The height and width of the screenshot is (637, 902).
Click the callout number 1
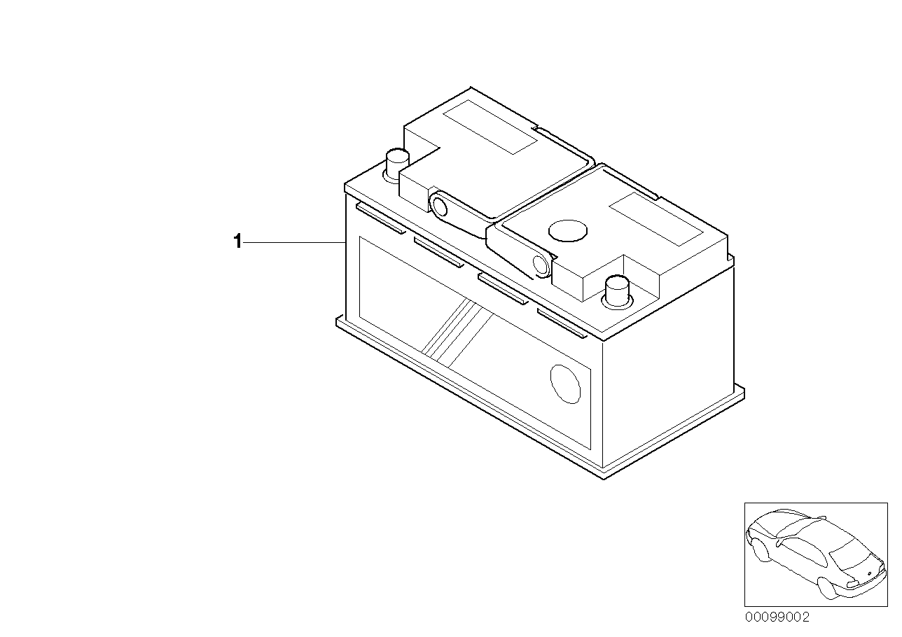[237, 241]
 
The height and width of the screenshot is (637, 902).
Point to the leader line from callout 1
[294, 243]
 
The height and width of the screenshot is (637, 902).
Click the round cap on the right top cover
[568, 231]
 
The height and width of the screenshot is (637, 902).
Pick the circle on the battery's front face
[565, 384]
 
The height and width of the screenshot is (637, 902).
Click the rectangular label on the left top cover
[490, 127]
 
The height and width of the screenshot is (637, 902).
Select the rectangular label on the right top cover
[656, 219]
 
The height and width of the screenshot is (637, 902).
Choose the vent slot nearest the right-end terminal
[562, 323]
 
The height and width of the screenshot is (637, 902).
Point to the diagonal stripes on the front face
[457, 332]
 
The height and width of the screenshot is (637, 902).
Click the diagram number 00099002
[777, 617]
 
